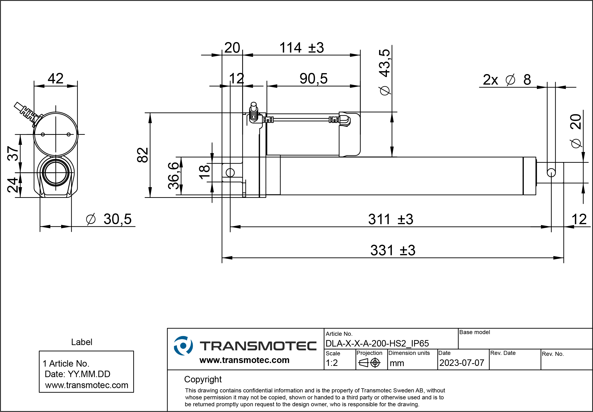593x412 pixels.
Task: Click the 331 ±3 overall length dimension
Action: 393,250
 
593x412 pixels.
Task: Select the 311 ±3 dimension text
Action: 390,219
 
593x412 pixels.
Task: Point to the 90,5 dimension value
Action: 313,79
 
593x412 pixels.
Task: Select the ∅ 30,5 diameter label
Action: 109,219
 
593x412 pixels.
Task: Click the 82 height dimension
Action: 143,155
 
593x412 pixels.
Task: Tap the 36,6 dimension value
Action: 173,176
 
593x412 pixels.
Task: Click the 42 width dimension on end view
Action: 55,78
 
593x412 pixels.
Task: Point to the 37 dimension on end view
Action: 13,153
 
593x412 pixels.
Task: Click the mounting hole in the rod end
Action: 551,173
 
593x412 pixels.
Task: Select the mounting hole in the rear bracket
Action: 230,173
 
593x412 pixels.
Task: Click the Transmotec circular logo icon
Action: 183,346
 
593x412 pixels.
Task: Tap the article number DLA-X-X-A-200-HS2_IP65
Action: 377,343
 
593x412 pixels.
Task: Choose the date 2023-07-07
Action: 461,363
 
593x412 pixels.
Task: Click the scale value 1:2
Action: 331,363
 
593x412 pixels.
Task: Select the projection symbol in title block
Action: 369,363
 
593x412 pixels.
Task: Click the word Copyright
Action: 203,379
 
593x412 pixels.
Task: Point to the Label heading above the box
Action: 81,342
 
